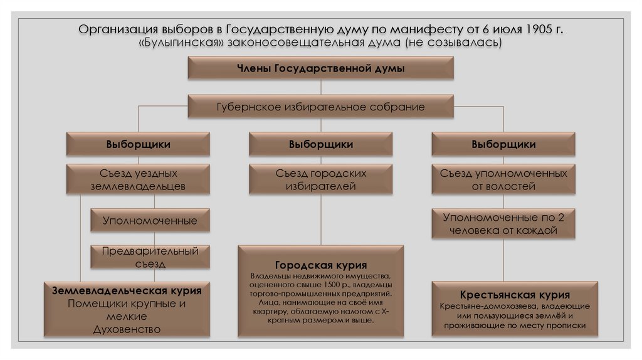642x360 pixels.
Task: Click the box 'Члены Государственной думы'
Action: (320, 68)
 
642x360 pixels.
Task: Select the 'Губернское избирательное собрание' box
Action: (320, 107)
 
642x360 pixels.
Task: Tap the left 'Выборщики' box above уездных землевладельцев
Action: (138, 144)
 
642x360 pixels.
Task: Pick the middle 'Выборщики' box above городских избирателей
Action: (320, 144)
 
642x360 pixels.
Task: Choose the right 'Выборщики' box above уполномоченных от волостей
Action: (503, 144)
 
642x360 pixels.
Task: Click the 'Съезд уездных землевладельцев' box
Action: (138, 179)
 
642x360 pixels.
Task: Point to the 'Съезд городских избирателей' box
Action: (320, 179)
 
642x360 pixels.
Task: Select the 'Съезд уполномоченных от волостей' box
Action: (503, 179)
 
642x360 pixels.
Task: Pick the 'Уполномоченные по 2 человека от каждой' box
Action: (503, 224)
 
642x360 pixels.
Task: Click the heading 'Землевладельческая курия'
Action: (127, 291)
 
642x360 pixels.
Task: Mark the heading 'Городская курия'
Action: (320, 265)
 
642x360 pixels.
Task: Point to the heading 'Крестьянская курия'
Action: (514, 295)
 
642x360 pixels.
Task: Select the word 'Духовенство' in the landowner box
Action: (127, 329)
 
